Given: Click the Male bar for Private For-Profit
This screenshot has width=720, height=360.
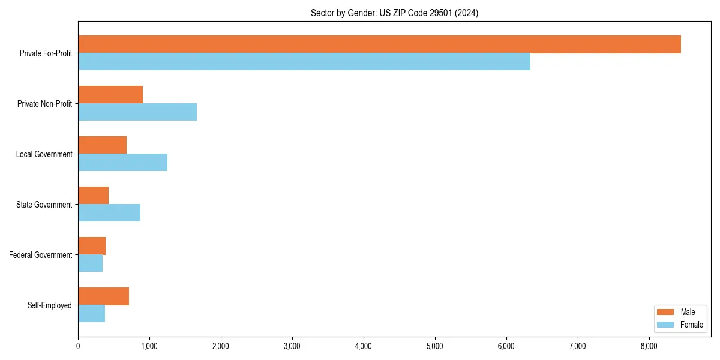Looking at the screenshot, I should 379,44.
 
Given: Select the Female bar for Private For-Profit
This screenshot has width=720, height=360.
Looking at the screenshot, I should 304,62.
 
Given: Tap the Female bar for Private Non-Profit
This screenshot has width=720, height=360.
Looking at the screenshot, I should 137,112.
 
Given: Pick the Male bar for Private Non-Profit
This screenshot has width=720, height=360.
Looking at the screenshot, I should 110,95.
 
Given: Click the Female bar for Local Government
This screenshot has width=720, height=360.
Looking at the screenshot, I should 122,163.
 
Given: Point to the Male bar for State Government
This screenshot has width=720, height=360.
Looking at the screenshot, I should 93,196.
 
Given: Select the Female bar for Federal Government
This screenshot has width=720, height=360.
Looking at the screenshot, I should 90,263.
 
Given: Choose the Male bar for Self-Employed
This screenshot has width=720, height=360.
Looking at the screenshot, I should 103,296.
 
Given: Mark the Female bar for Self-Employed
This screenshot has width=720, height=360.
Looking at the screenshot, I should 91,314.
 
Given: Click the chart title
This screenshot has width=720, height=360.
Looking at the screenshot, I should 394,13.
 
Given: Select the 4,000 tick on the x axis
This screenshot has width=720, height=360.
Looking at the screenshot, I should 364,346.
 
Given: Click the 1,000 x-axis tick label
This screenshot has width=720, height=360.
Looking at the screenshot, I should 149,346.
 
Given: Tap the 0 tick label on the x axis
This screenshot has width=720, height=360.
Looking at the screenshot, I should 78,346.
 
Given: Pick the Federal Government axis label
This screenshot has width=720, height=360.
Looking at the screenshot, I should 40,255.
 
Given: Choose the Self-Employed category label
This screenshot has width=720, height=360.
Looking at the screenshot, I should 49,305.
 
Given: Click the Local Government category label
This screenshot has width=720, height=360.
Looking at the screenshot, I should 44,154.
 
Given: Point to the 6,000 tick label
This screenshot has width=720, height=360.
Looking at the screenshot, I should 506,346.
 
